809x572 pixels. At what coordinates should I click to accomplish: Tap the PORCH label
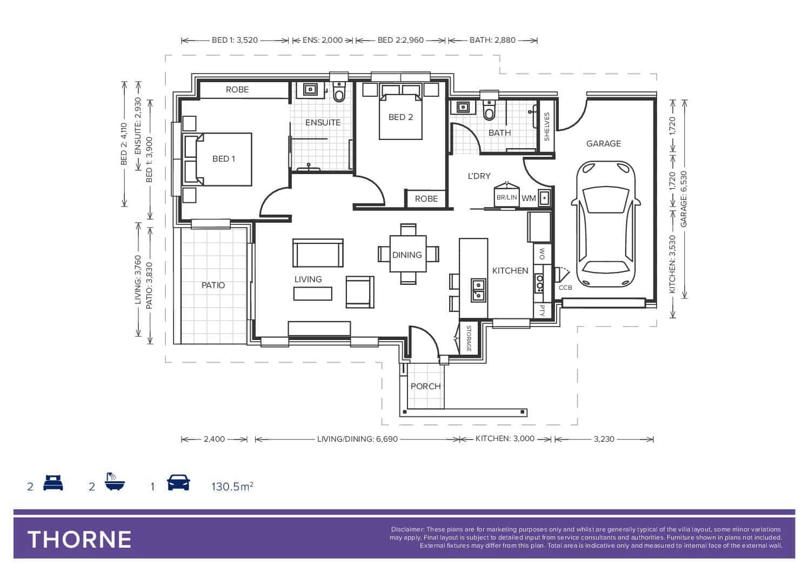click(425, 386)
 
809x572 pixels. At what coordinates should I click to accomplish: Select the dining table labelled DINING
click(408, 254)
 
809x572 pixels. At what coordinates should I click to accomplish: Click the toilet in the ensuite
click(339, 92)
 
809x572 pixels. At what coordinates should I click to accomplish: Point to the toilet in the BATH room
click(489, 110)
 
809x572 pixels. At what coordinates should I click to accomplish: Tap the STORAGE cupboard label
click(469, 338)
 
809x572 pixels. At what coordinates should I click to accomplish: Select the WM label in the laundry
click(529, 198)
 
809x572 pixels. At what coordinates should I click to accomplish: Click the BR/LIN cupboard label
click(507, 197)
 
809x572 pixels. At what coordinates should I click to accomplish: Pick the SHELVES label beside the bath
click(546, 127)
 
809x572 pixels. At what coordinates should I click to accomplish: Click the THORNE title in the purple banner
click(79, 540)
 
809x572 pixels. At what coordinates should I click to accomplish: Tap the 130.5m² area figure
click(232, 487)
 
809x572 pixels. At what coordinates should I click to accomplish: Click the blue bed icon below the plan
click(53, 483)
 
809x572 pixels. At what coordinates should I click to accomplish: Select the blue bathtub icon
click(115, 481)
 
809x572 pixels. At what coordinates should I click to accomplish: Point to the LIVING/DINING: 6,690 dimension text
click(357, 439)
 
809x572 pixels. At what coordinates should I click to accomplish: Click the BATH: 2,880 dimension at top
click(492, 40)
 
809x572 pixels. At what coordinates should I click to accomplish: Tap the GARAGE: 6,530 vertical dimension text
click(684, 199)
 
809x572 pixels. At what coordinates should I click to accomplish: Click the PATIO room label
click(213, 285)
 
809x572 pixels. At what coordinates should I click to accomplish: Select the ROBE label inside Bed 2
click(426, 199)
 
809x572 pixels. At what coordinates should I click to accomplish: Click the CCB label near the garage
click(565, 288)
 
